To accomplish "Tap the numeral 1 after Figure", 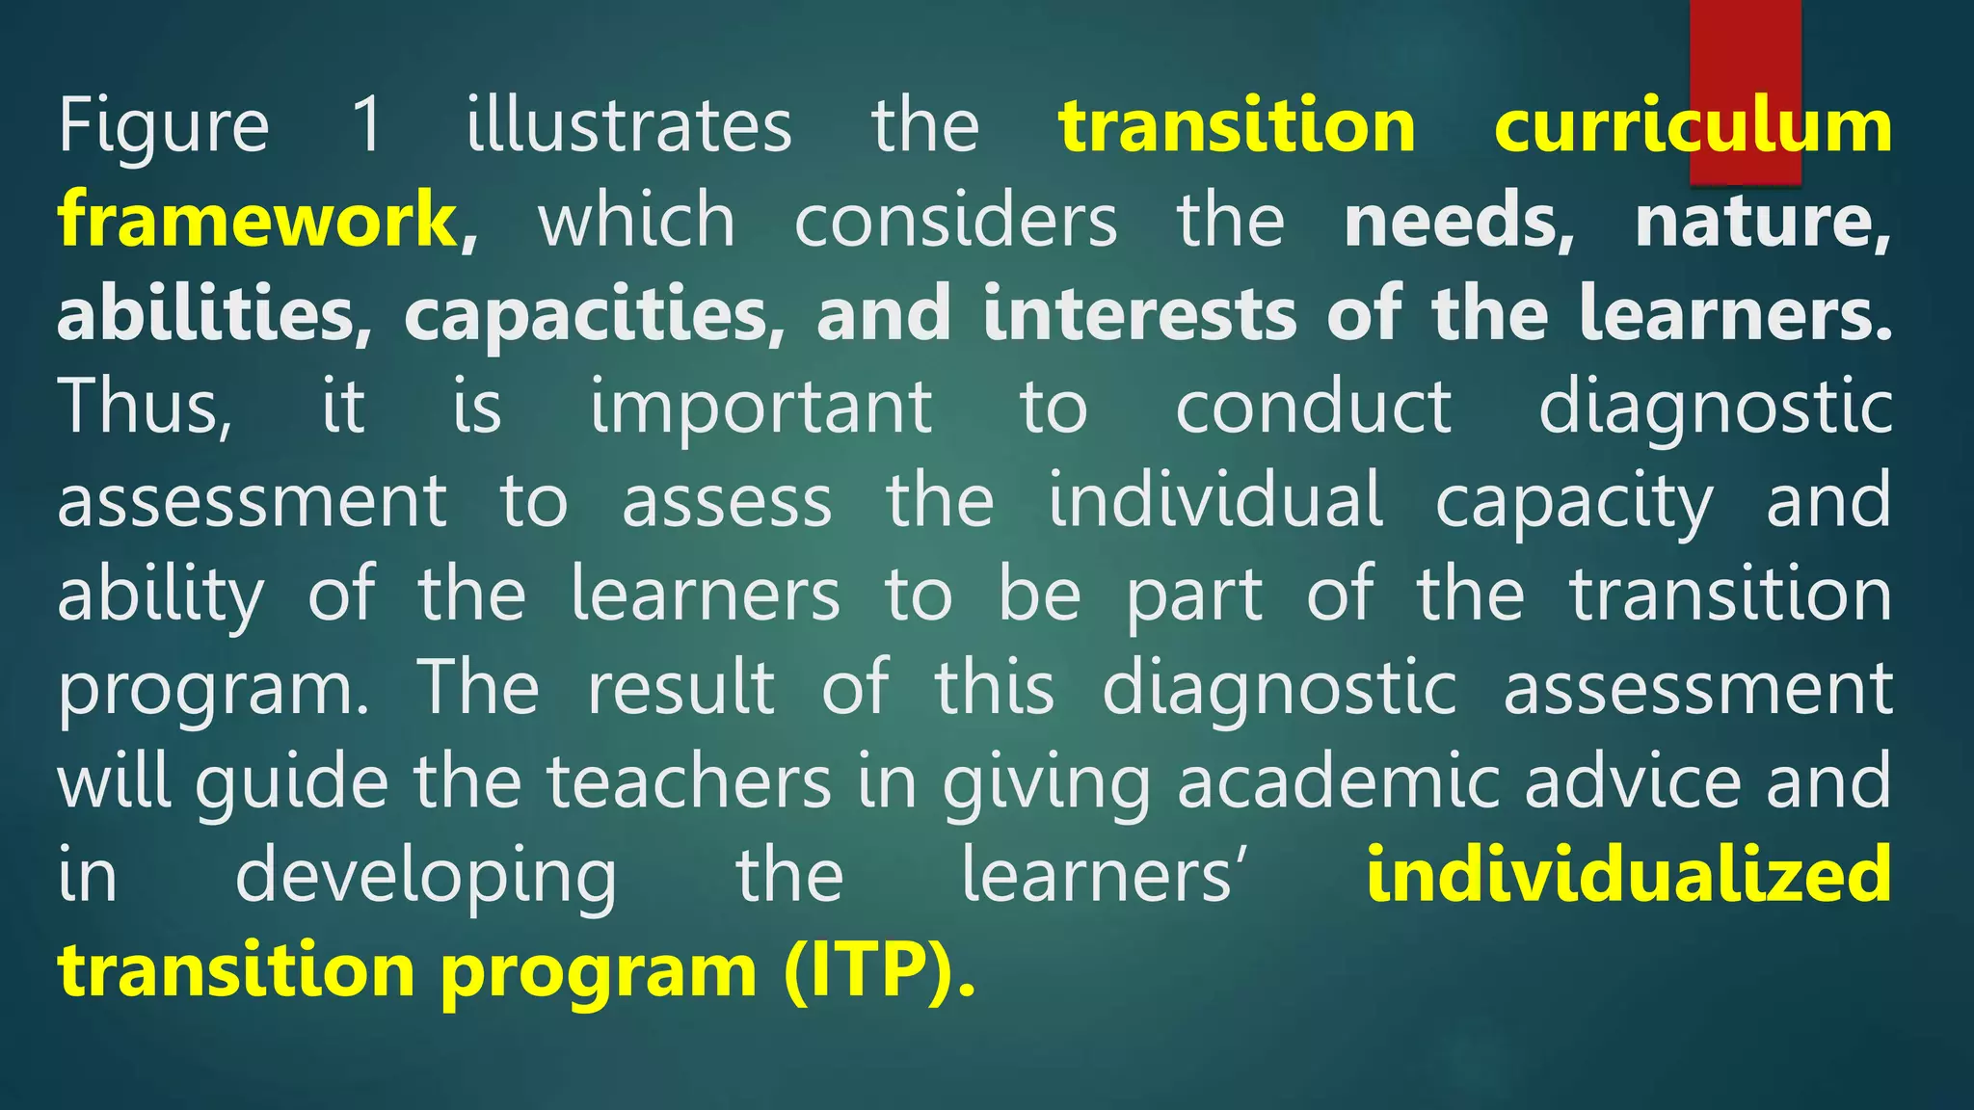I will click(x=367, y=125).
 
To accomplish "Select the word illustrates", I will click(x=628, y=125).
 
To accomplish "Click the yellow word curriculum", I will click(x=1693, y=125).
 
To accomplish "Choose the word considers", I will click(x=955, y=220).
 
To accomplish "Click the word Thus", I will click(x=145, y=408).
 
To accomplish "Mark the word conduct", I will click(x=1313, y=407).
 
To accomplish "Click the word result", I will click(x=680, y=688).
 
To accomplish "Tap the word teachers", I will click(x=689, y=780).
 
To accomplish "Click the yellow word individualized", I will click(x=1629, y=874).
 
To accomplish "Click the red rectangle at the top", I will click(x=1745, y=58).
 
